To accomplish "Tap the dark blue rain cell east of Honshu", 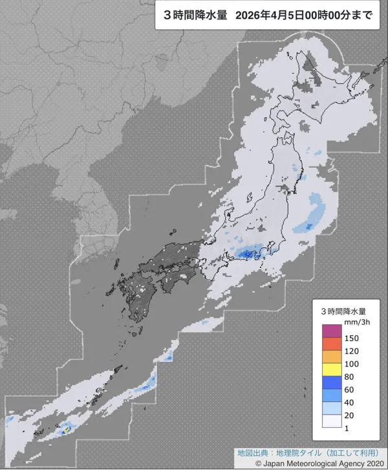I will coord(308,225).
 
